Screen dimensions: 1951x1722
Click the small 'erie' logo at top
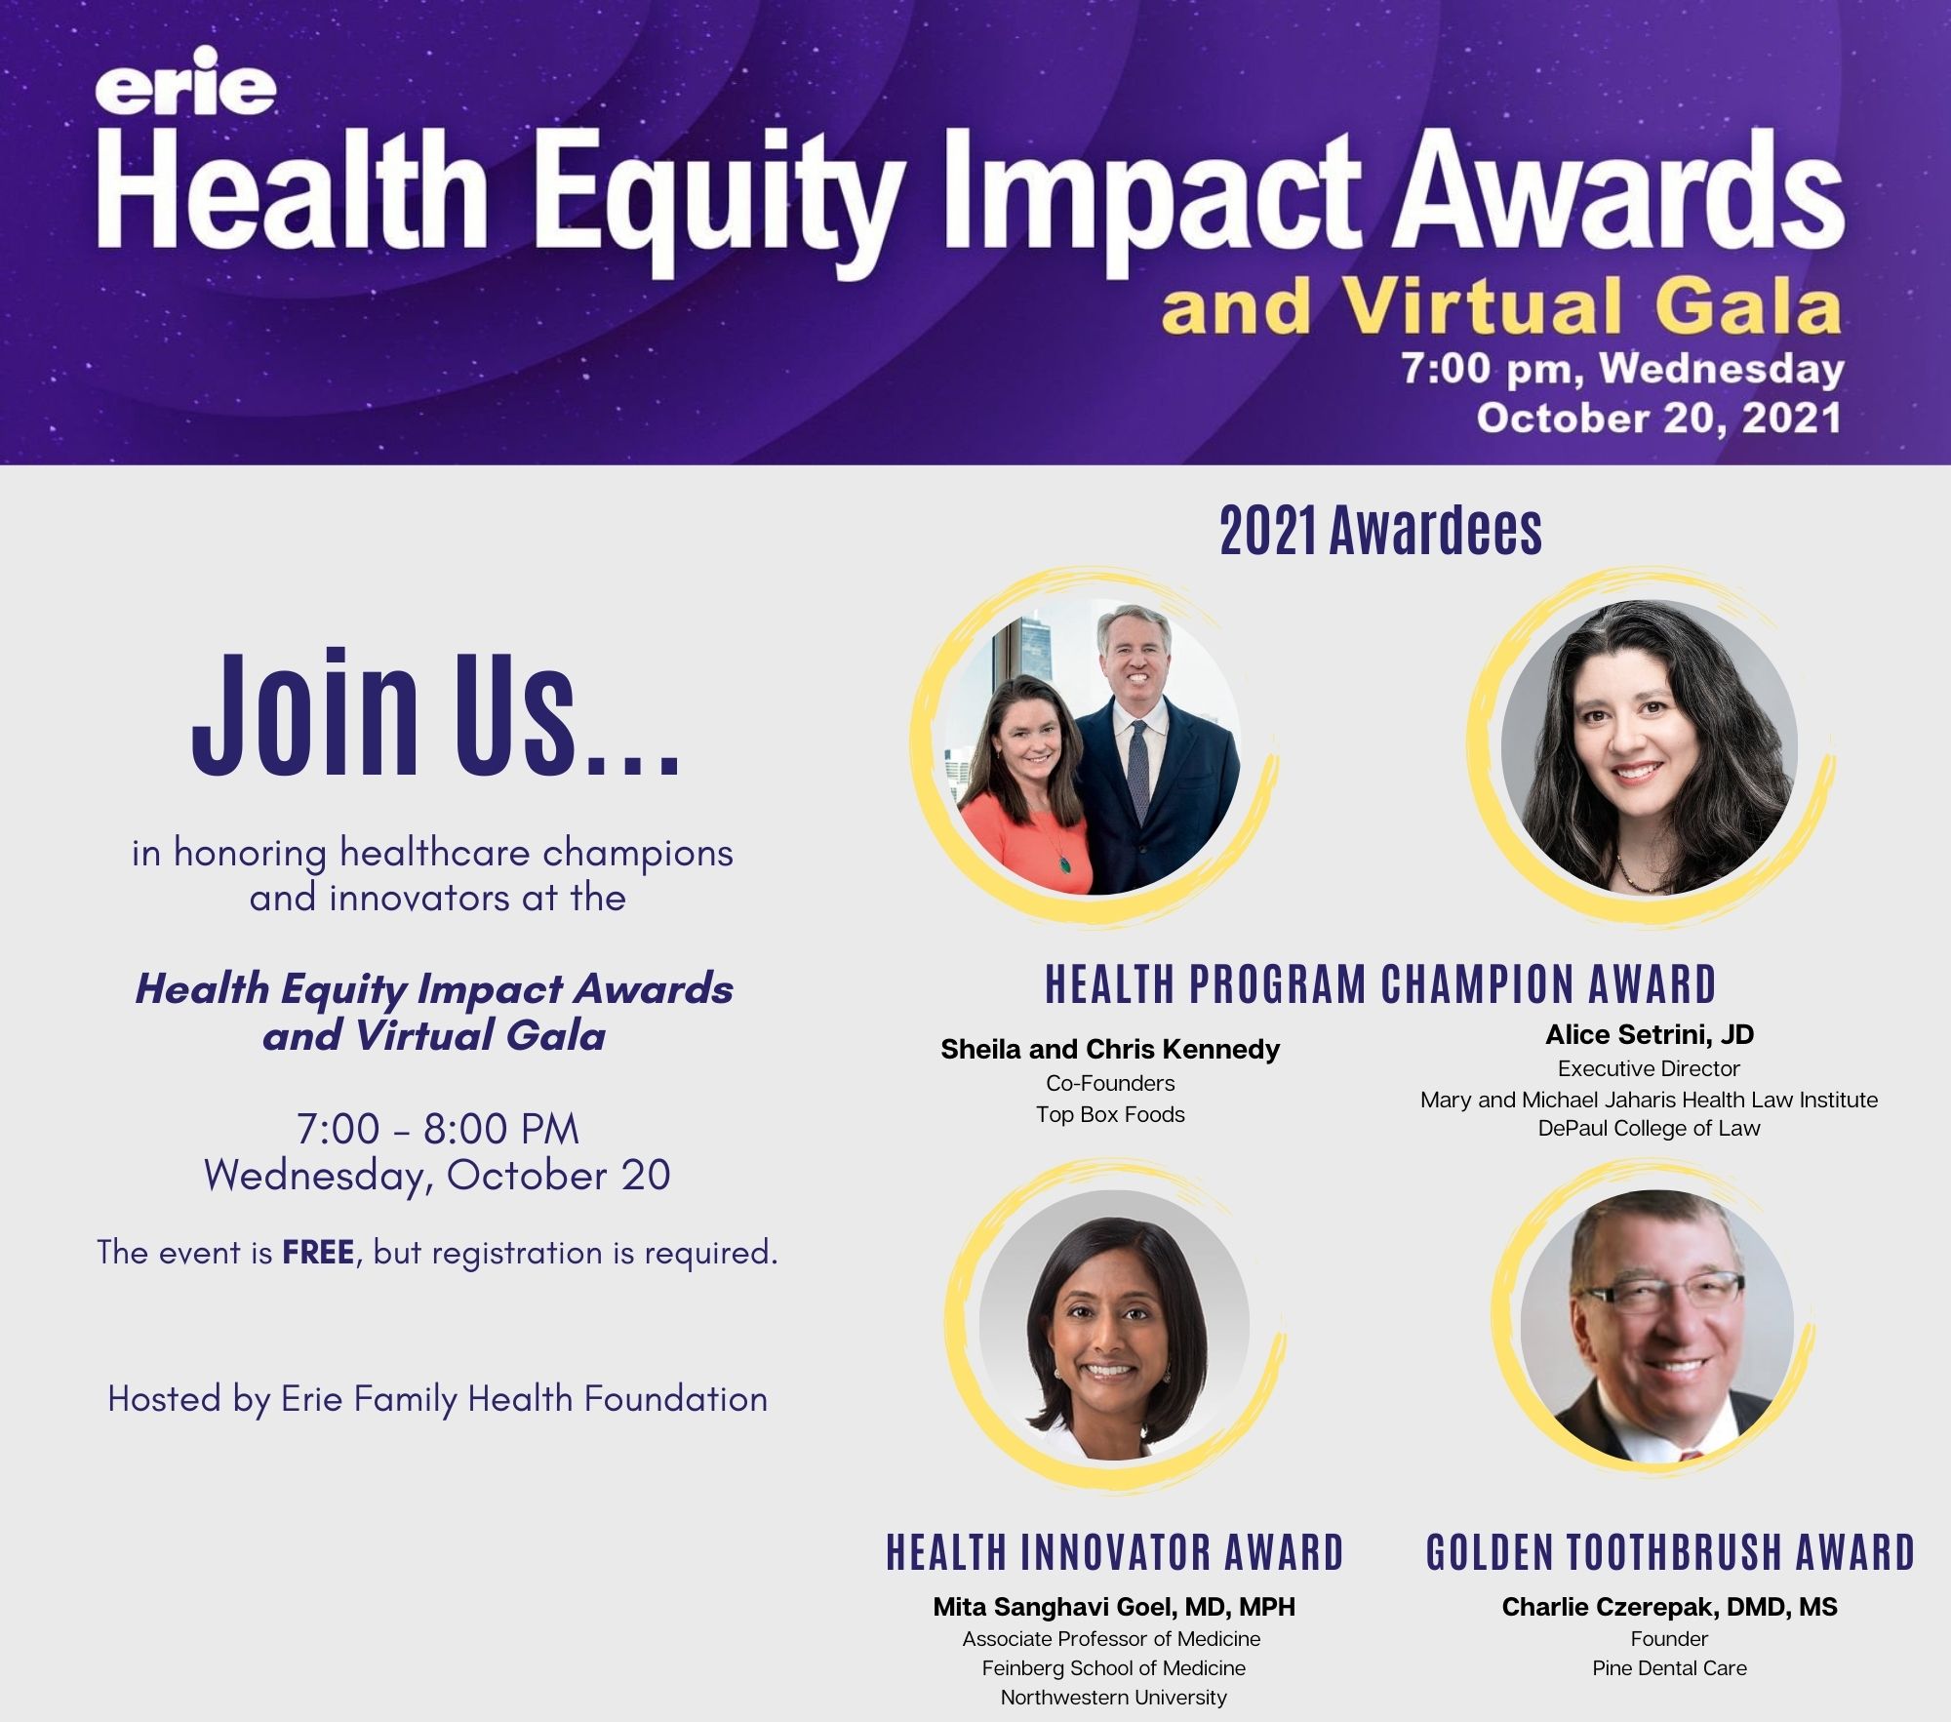click(x=185, y=82)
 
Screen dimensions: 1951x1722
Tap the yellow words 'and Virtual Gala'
click(x=1500, y=306)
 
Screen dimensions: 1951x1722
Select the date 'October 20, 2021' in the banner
click(x=1658, y=418)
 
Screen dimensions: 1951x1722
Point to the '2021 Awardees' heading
click(x=1381, y=531)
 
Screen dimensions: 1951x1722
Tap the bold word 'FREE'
click(x=318, y=1252)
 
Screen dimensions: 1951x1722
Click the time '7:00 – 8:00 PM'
click(x=438, y=1129)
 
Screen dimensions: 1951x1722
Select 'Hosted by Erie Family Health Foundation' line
click(x=438, y=1399)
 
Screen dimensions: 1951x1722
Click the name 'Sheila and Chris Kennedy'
click(x=1110, y=1049)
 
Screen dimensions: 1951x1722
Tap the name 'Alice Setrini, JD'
click(x=1650, y=1034)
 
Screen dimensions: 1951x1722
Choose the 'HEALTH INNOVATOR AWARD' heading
click(x=1115, y=1552)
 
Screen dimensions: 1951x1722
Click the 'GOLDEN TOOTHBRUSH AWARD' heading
click(x=1670, y=1552)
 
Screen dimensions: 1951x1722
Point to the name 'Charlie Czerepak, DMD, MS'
click(x=1669, y=1607)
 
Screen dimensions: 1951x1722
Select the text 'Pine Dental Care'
click(x=1669, y=1667)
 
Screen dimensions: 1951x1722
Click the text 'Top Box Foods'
click(x=1110, y=1114)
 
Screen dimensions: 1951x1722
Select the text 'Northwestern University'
click(x=1114, y=1697)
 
